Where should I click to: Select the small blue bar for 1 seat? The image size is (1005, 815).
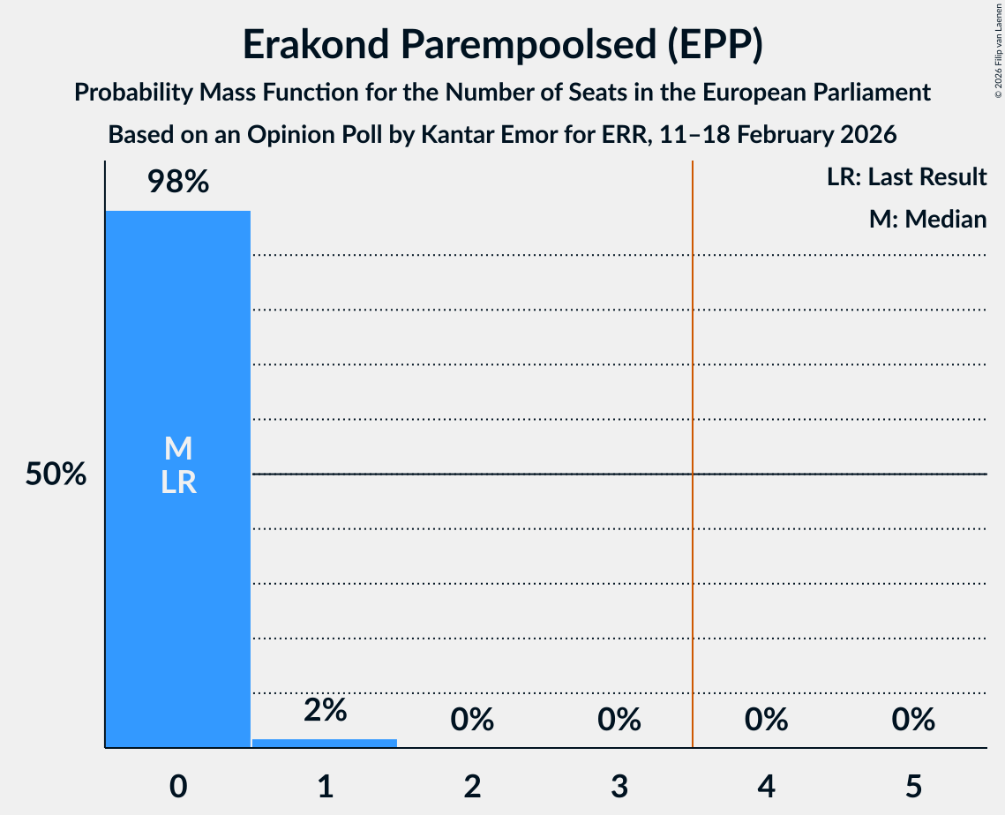(x=325, y=744)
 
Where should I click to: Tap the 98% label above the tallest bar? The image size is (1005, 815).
(x=177, y=183)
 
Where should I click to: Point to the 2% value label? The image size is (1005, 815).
(x=325, y=710)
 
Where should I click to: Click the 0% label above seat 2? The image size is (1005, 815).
(x=472, y=720)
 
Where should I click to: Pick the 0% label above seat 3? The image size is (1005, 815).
(x=619, y=720)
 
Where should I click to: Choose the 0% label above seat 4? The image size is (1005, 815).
(x=766, y=720)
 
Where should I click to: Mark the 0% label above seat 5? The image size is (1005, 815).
(x=912, y=720)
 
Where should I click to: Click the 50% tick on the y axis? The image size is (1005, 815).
(x=56, y=475)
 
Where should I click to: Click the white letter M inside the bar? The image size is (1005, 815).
(x=177, y=449)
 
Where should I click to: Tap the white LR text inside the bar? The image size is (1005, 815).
(x=177, y=482)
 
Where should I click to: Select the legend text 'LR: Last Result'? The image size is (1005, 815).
(x=906, y=177)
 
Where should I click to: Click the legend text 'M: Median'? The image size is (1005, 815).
(x=927, y=219)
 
